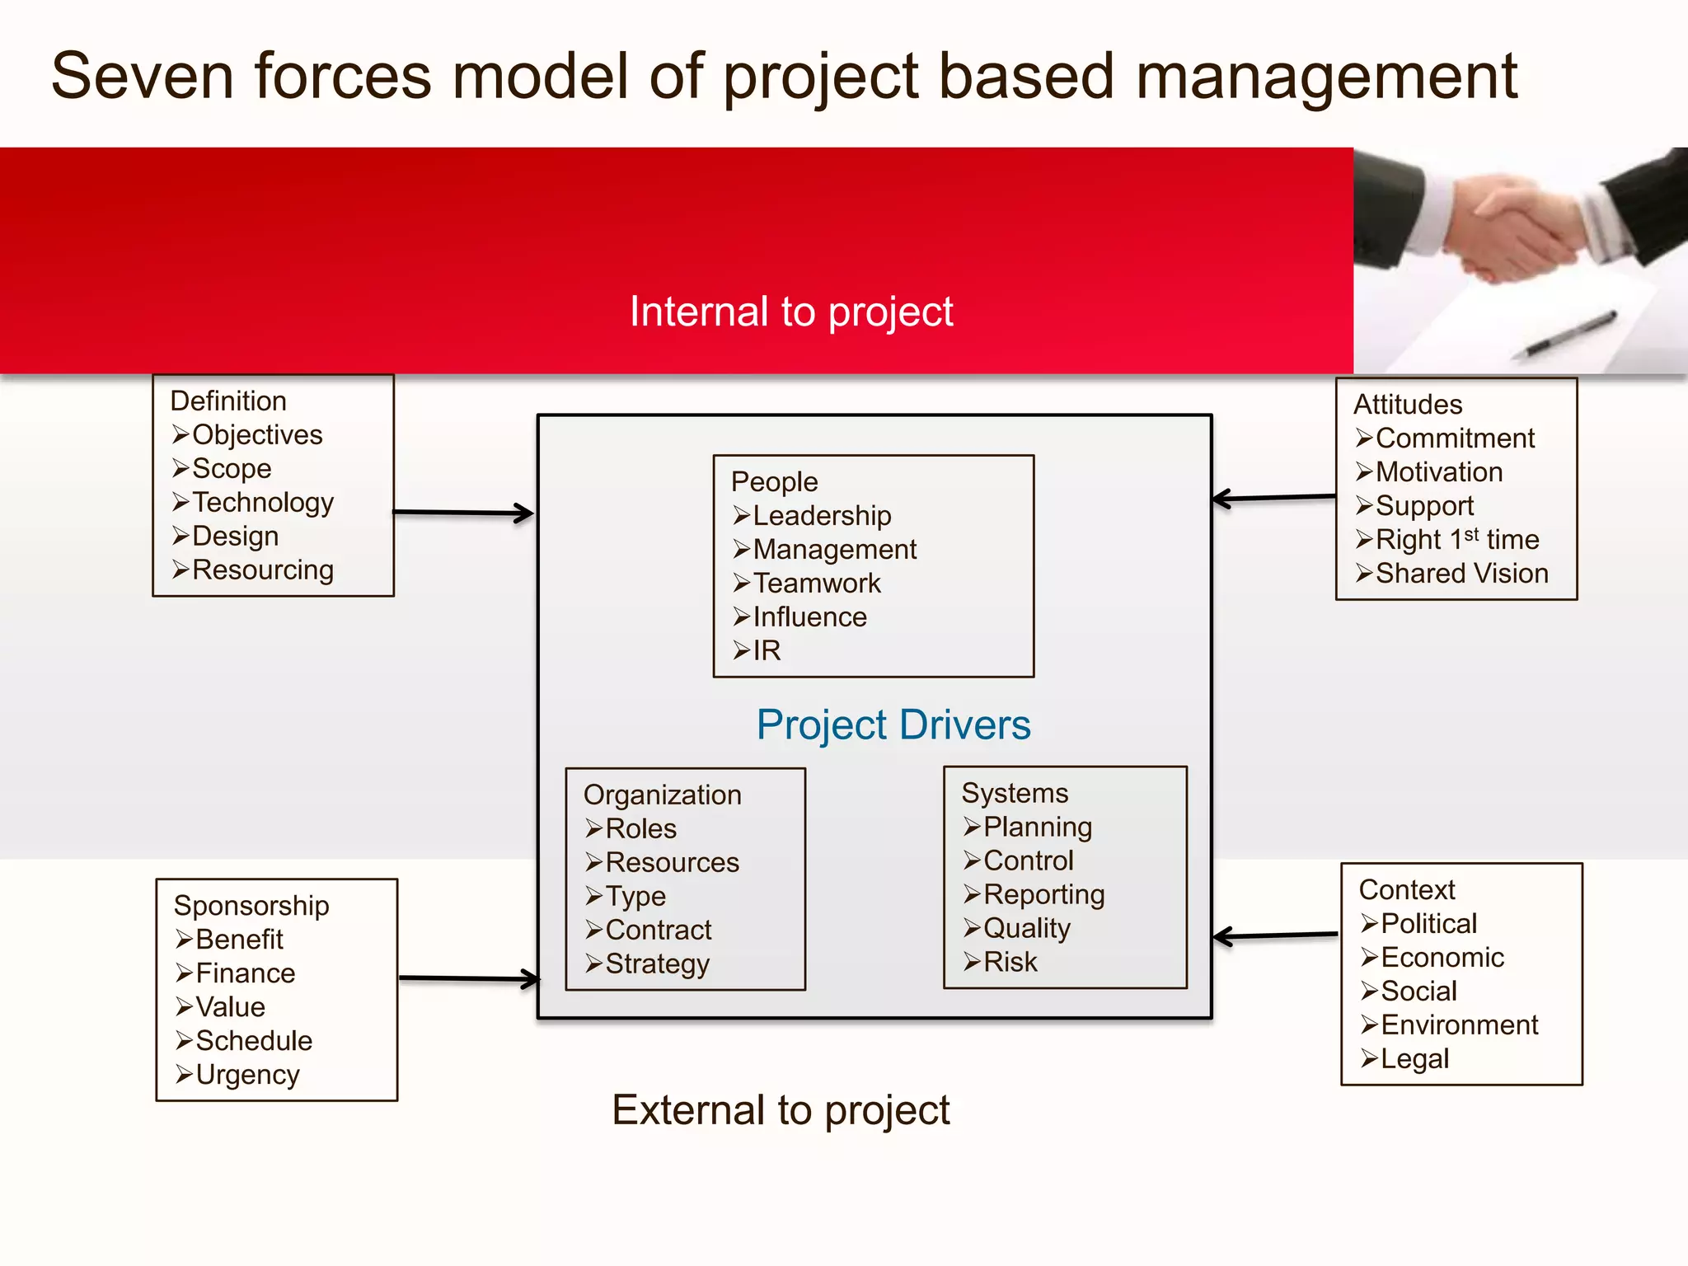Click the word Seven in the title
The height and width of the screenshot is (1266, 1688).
coord(143,77)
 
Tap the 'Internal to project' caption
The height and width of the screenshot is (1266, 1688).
coord(790,312)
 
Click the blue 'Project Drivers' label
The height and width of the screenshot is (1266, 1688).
coord(893,725)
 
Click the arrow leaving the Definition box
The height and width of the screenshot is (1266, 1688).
coord(463,513)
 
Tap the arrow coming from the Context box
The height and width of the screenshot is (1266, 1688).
coord(1274,935)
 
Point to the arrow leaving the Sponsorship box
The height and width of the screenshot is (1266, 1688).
coord(468,979)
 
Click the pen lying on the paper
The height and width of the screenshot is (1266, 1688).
coord(1570,334)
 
